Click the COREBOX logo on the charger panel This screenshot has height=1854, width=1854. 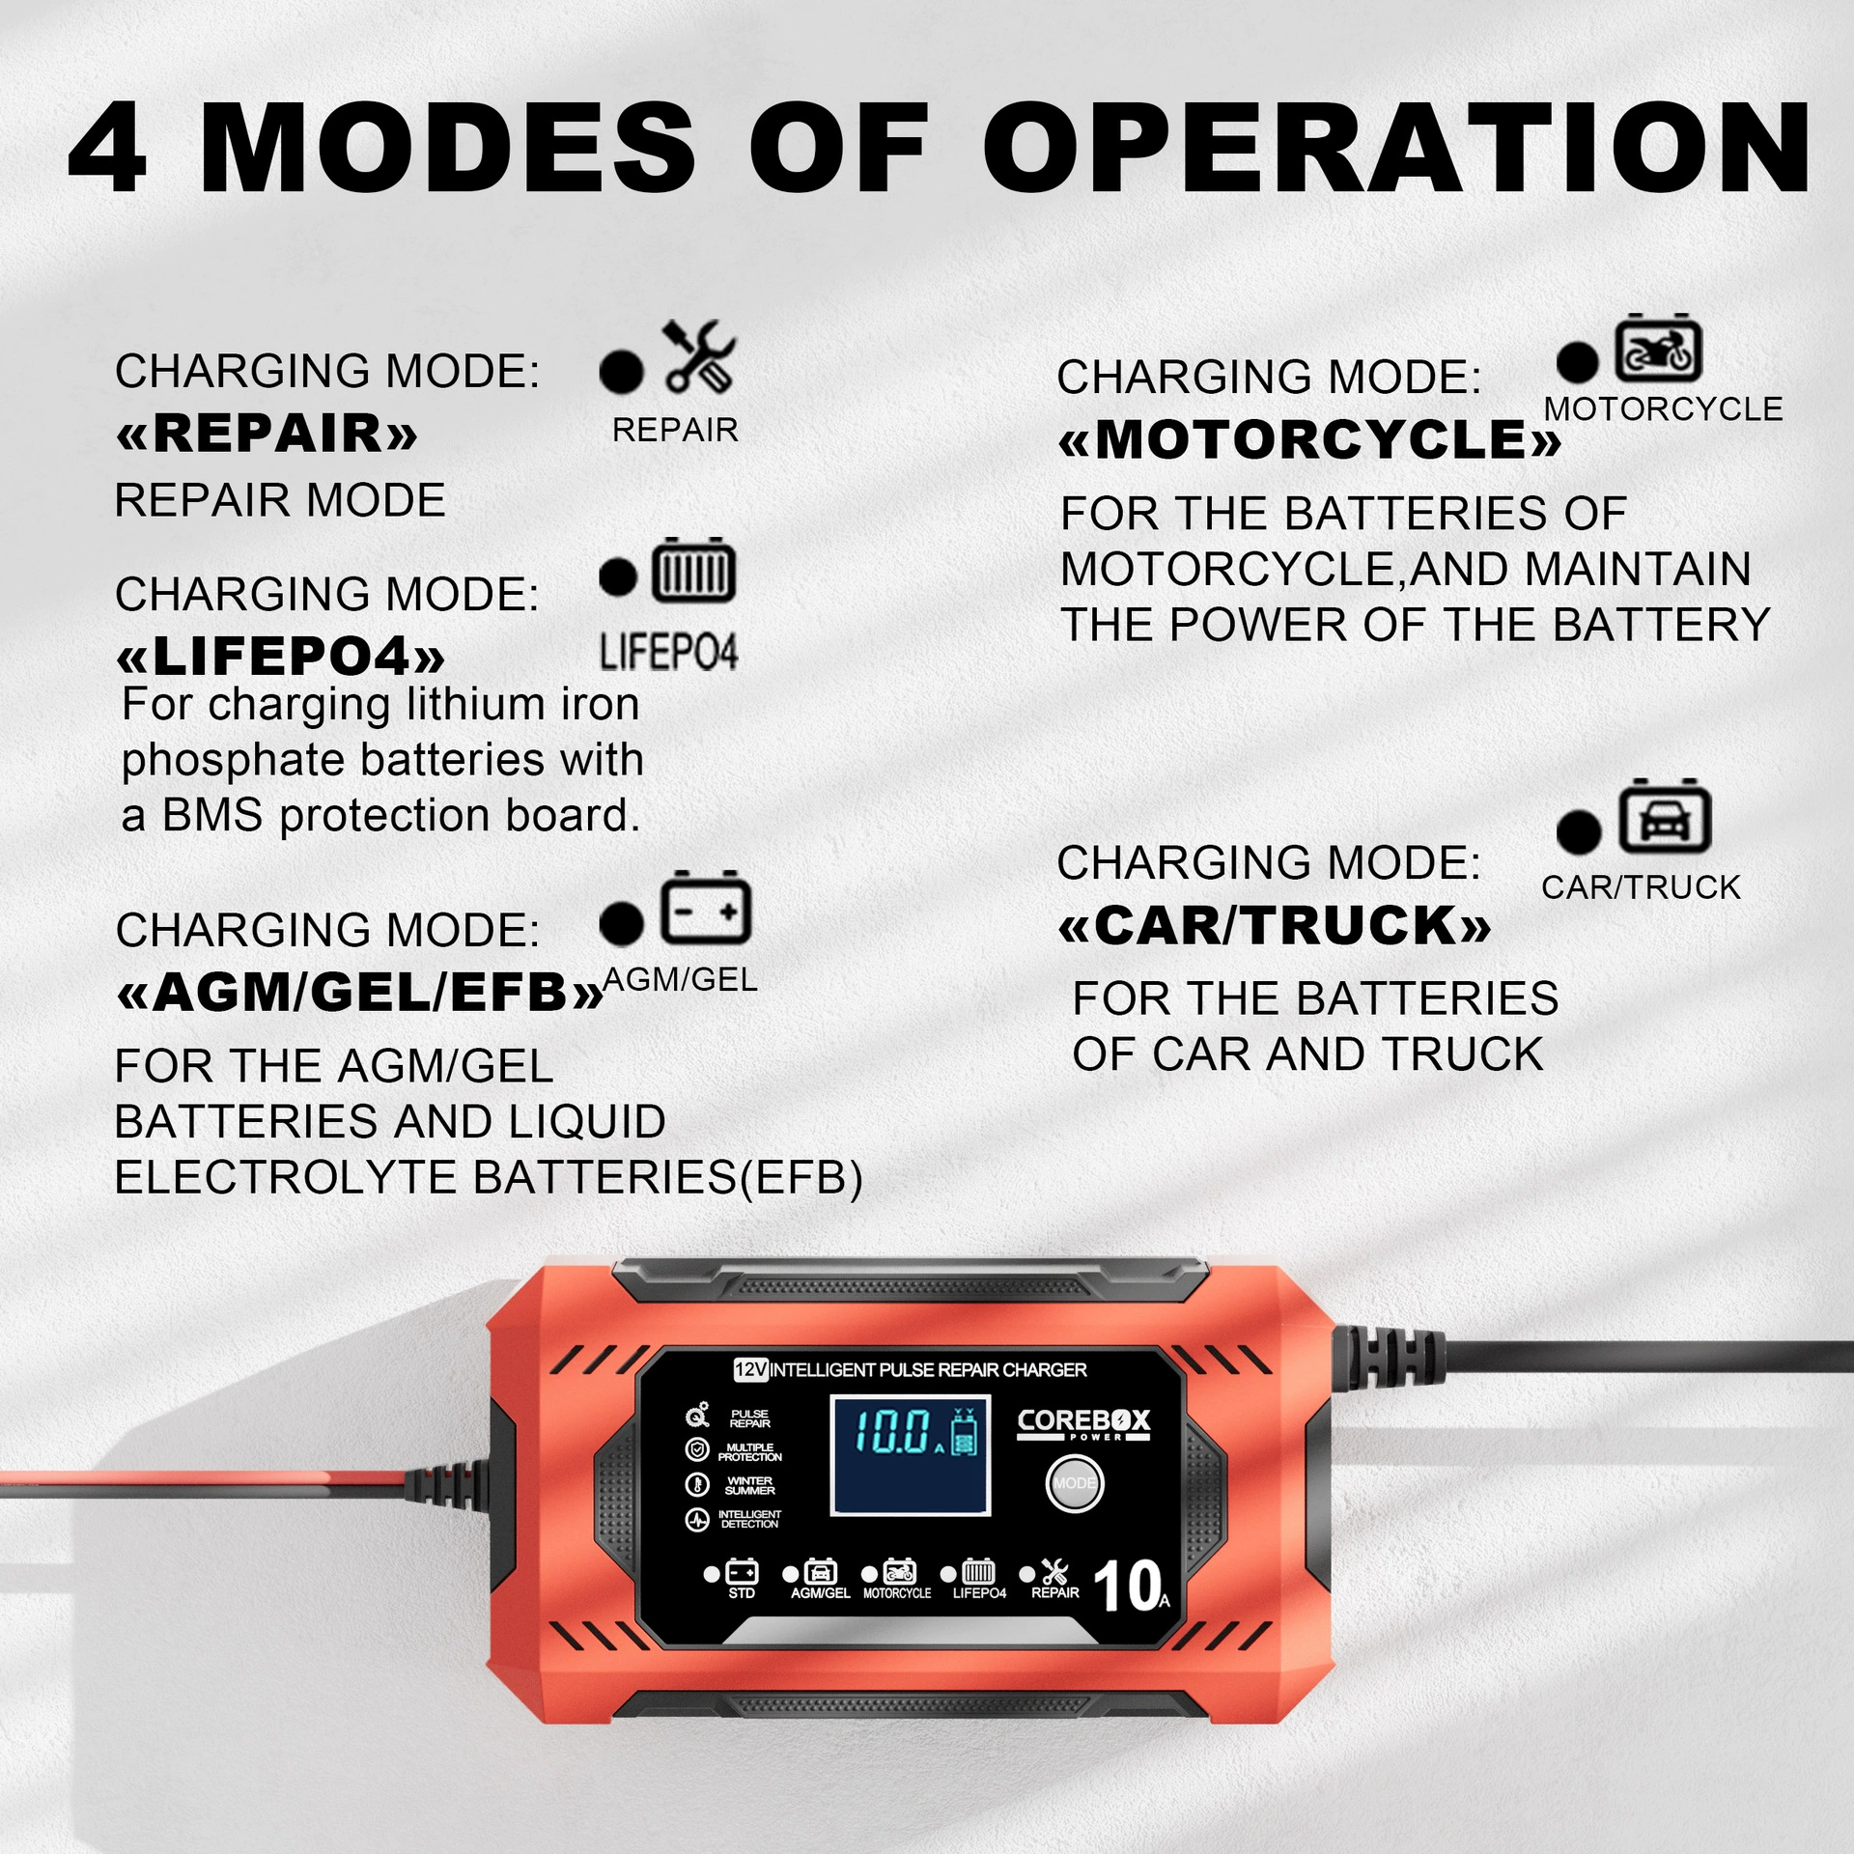point(1083,1424)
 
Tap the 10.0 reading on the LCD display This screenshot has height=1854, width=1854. point(893,1431)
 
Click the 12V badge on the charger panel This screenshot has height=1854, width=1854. point(750,1369)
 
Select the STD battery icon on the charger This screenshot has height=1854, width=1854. point(742,1572)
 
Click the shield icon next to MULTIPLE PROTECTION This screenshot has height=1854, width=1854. point(696,1449)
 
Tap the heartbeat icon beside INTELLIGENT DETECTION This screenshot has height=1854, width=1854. point(696,1520)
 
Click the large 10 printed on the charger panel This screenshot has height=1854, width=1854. point(1126,1587)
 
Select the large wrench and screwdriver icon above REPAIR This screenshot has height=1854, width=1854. point(699,356)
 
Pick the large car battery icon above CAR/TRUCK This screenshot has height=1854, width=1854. point(1665,816)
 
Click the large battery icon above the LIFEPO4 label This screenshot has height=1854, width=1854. point(693,570)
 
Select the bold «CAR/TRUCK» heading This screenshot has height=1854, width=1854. point(1275,925)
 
